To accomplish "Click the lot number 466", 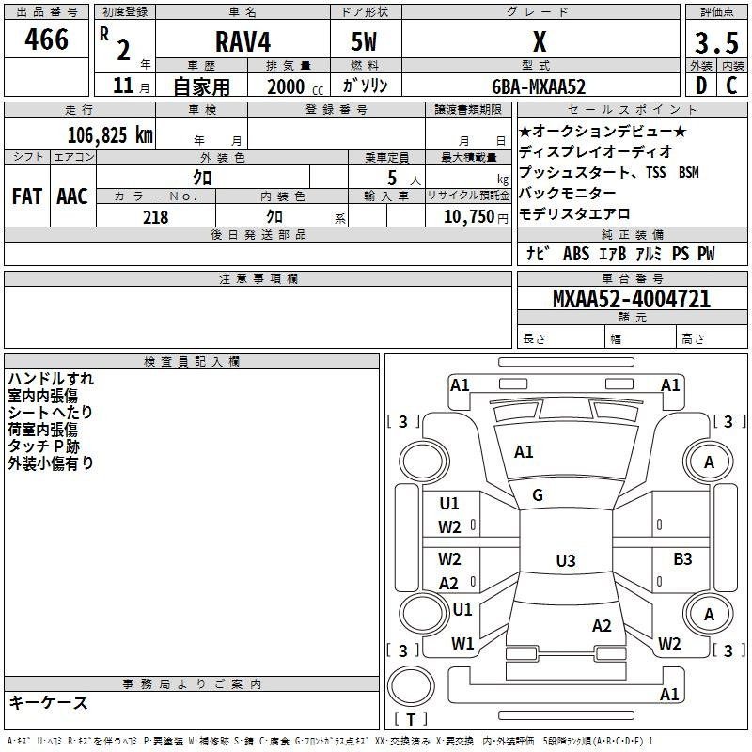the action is click(x=46, y=39).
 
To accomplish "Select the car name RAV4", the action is click(x=243, y=41).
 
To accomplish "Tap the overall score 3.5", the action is click(x=716, y=43).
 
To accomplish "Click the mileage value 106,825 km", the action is click(x=110, y=135).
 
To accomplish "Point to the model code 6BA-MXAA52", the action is click(x=539, y=86).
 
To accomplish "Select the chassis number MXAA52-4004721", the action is click(x=632, y=299).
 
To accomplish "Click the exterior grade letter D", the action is click(x=701, y=86).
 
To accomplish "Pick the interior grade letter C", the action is click(x=731, y=86).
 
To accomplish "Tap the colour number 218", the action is click(x=156, y=217).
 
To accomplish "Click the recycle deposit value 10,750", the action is click(x=469, y=216).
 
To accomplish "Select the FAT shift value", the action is click(x=27, y=196).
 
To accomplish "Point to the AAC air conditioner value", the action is click(x=72, y=196).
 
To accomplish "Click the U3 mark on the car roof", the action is click(x=566, y=560).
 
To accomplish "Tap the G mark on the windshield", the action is click(x=538, y=495).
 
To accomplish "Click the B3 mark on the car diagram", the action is click(x=683, y=558).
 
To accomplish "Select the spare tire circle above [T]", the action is click(x=411, y=686).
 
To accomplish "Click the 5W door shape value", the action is click(x=364, y=41).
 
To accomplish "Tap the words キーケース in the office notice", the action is click(x=48, y=702).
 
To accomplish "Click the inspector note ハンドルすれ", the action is click(x=51, y=379).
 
